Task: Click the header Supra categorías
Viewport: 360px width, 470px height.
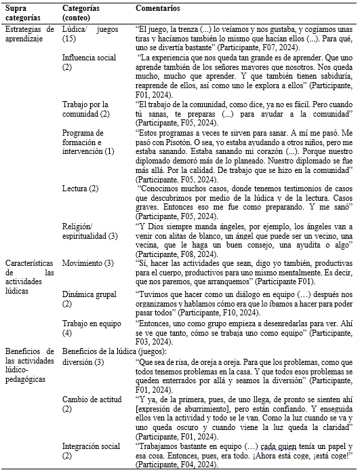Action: click(x=22, y=12)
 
